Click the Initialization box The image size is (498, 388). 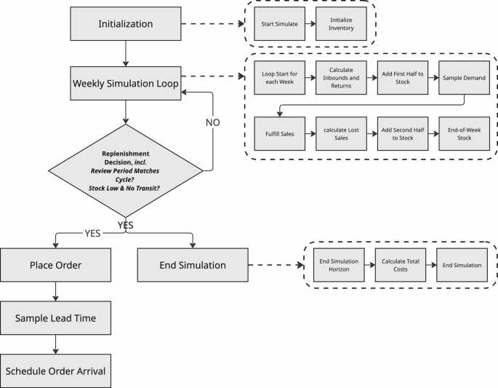[x=126, y=25]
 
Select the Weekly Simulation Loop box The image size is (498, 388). [x=126, y=82]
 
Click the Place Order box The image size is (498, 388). [x=55, y=266]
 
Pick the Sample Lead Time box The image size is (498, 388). [x=55, y=318]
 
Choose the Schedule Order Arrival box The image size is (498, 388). [x=55, y=371]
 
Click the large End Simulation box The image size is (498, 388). [x=193, y=266]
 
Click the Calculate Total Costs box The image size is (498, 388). [x=398, y=265]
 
